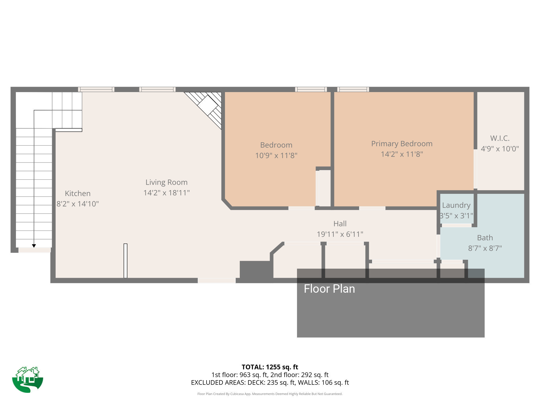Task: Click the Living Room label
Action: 166,182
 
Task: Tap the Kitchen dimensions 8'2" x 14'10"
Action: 77,204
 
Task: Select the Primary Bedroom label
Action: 402,144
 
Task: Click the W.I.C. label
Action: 500,138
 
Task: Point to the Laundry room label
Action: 456,205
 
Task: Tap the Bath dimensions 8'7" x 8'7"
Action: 485,248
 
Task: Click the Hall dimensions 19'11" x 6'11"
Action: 340,234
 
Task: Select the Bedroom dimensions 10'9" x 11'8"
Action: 276,156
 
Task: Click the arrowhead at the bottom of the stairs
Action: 34,246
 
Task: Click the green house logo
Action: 28,379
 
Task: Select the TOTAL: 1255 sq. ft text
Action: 270,367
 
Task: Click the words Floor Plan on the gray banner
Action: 329,289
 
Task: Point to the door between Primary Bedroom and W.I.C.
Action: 475,169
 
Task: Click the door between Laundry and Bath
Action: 457,225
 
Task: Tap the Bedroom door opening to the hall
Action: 301,208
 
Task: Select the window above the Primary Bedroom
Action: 353,89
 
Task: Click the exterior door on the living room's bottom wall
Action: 217,281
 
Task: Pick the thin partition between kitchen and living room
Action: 125,261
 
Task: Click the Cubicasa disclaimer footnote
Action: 270,394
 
